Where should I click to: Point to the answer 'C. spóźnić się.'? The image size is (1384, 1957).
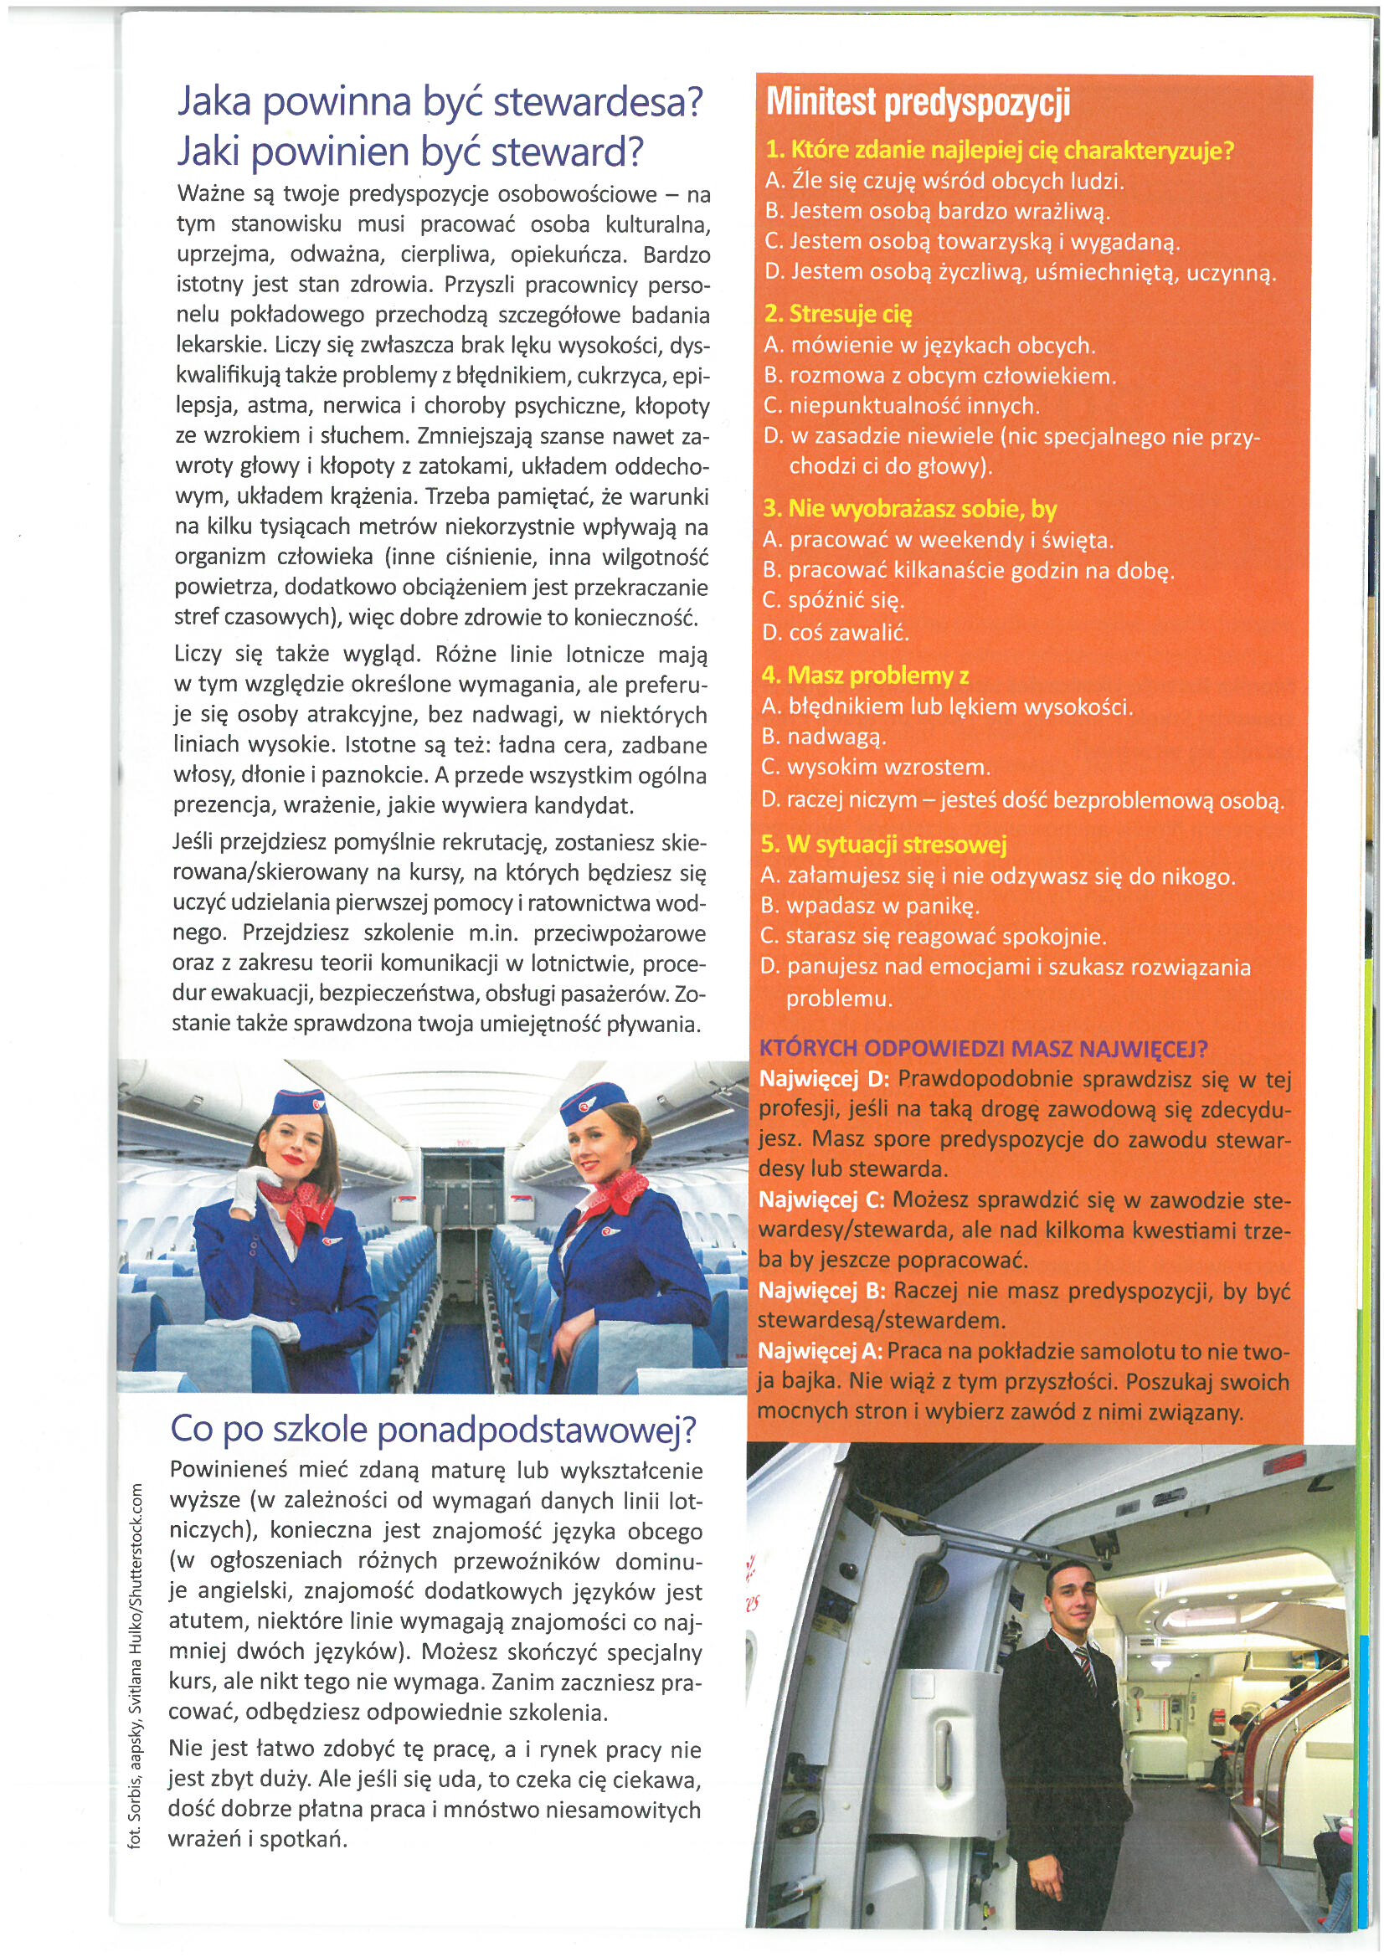coord(833,601)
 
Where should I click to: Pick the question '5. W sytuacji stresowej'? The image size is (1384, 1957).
coord(884,845)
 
